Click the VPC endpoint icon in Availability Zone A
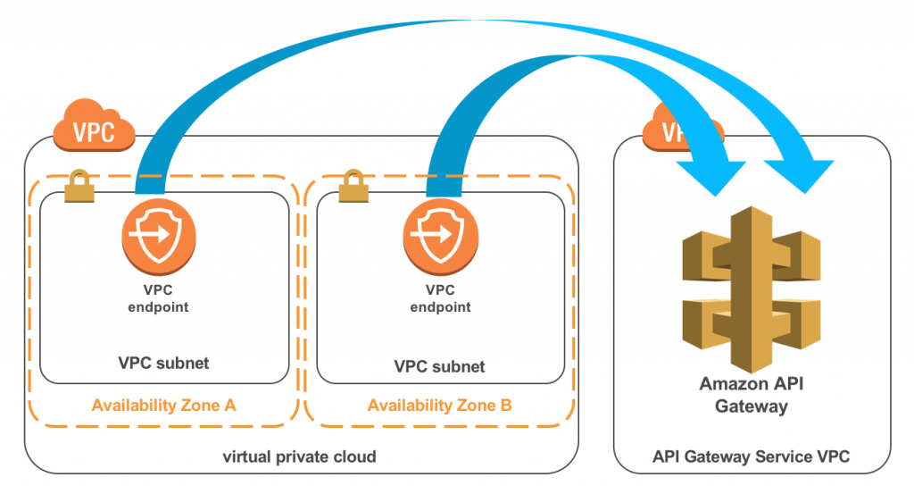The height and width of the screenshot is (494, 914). click(159, 237)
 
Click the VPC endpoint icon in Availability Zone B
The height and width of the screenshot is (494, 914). click(441, 237)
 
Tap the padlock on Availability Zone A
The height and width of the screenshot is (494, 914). click(79, 186)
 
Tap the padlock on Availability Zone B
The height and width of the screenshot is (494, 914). click(353, 186)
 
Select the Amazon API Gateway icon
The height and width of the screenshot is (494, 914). click(752, 289)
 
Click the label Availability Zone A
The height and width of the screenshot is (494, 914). click(164, 406)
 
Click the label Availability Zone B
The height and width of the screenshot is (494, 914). click(439, 406)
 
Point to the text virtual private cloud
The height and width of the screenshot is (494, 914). click(299, 456)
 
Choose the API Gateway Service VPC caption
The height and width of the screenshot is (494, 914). click(751, 456)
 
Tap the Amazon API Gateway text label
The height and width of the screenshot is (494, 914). click(752, 395)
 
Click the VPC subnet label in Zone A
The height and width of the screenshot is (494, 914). click(164, 364)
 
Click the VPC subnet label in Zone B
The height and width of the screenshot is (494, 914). click(439, 367)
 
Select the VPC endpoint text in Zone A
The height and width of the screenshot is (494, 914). click(158, 298)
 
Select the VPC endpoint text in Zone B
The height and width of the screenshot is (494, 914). click(440, 298)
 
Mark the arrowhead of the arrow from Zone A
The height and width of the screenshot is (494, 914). click(799, 174)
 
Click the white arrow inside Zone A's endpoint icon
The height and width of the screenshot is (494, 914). click(150, 234)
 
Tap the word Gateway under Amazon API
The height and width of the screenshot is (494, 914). click(752, 406)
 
